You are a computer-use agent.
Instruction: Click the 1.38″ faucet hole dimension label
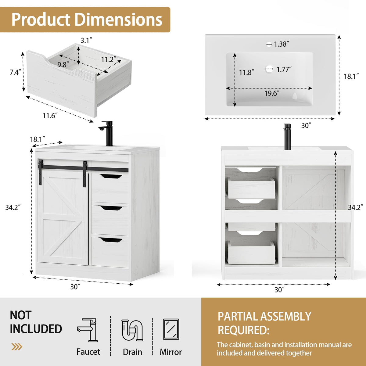pos(282,44)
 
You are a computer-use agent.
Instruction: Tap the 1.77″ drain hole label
pos(284,70)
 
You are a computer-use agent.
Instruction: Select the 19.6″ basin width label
pos(272,93)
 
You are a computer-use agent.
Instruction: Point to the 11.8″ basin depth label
pos(246,72)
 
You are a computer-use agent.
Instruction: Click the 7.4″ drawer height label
pos(15,72)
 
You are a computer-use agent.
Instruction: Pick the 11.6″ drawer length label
pos(50,116)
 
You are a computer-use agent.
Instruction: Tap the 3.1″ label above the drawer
pos(86,41)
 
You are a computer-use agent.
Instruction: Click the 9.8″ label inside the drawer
pos(63,65)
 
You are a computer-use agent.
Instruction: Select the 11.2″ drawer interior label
pos(109,59)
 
